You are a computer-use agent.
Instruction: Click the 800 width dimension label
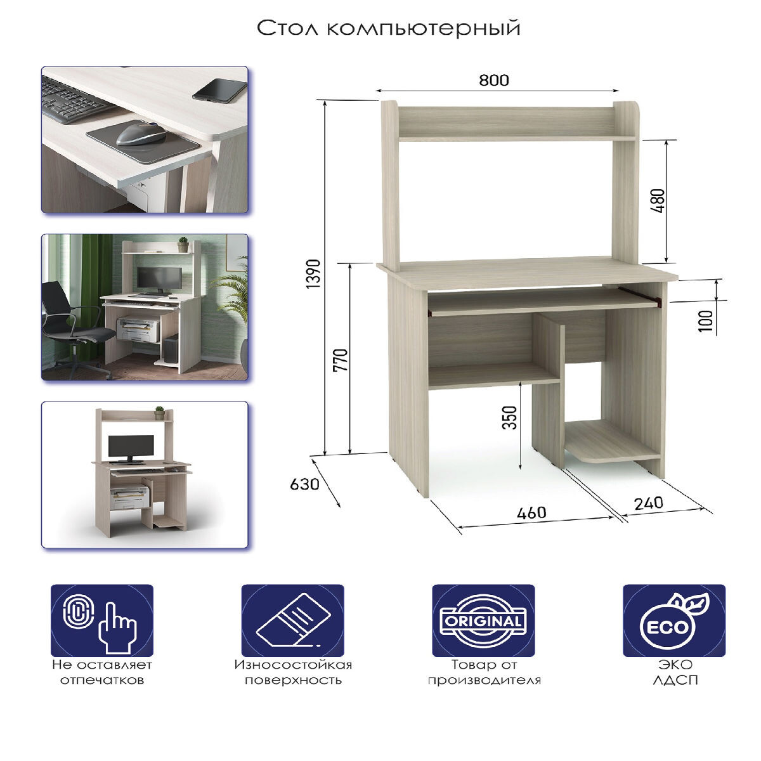pos(493,80)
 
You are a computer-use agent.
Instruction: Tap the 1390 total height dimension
pos(315,274)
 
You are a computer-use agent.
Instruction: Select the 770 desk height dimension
pos(341,360)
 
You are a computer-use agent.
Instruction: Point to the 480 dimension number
pos(659,201)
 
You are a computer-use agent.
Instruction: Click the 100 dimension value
pos(706,321)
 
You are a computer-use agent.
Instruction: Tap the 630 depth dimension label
pos(304,484)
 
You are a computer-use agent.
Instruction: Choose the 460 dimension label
pos(531,513)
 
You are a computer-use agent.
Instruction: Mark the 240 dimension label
pos(649,504)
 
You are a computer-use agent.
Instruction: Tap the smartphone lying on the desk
pos(219,91)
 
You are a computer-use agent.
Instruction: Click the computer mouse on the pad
pos(141,134)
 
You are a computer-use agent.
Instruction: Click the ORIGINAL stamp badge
pos(483,621)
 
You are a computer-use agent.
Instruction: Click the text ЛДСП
pos(675,680)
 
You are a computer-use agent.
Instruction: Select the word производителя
pos(484,680)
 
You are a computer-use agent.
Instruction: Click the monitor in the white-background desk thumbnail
pos(131,449)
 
